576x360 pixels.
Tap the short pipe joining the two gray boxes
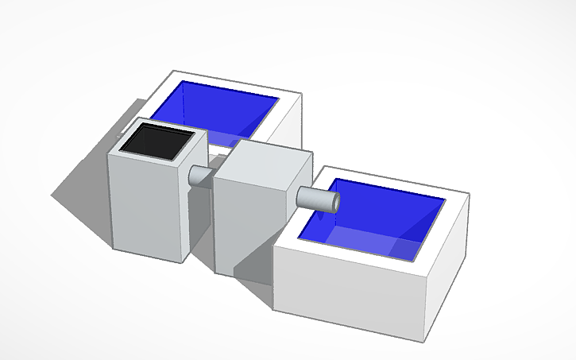point(199,176)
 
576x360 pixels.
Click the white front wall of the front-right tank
point(350,286)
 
